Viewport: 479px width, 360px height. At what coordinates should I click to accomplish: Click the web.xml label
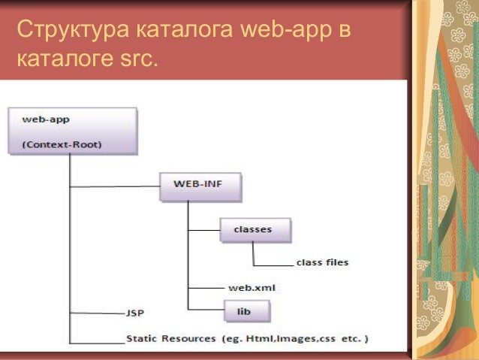pos(248,288)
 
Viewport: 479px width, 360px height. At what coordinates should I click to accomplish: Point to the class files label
pos(322,263)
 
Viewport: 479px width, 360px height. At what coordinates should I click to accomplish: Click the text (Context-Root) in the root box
pos(62,144)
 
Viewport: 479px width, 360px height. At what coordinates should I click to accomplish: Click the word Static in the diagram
pos(143,338)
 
